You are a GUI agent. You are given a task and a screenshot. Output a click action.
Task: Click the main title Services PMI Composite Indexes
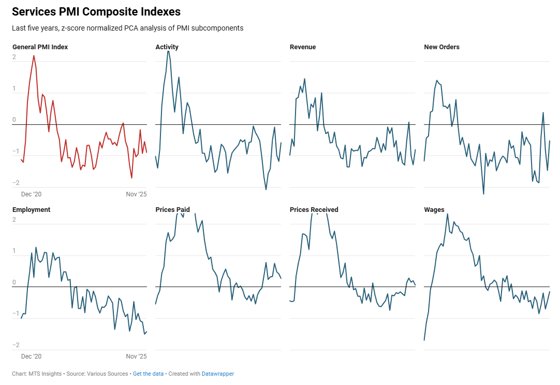click(96, 11)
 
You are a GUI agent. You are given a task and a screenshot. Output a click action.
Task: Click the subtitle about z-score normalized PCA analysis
click(127, 28)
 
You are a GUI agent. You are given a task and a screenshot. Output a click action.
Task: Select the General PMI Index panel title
click(40, 47)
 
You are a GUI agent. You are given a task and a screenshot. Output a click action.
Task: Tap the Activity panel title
click(167, 47)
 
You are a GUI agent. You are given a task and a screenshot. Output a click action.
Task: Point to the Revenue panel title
click(303, 47)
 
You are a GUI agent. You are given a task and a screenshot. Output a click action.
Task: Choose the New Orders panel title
click(441, 47)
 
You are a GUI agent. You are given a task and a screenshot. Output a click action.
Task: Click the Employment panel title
click(31, 210)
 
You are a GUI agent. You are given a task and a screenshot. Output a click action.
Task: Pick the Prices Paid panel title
click(172, 210)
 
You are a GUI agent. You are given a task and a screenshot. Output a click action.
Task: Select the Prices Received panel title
click(314, 210)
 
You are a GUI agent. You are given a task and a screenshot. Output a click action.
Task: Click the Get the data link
click(148, 374)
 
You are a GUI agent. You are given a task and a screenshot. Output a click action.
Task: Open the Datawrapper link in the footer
click(217, 374)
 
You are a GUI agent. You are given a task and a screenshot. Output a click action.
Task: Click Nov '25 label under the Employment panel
click(137, 357)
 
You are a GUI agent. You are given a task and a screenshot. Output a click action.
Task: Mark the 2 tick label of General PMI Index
click(14, 58)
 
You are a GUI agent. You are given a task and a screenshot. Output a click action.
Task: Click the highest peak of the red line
click(34, 55)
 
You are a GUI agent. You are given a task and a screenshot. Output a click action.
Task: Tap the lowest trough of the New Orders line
click(483, 194)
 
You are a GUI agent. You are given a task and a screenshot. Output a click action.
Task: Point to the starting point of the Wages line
click(424, 340)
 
